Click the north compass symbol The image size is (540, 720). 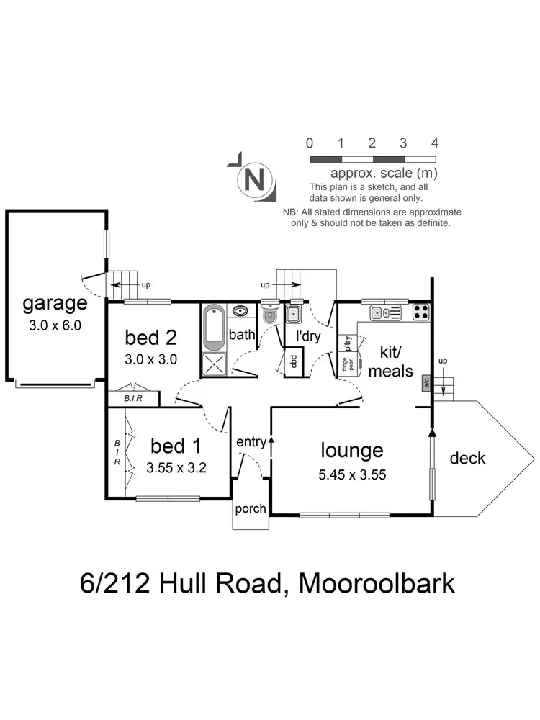pyautogui.click(x=253, y=178)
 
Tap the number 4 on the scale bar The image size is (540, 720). pyautogui.click(x=434, y=143)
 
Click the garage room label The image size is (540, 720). pyautogui.click(x=55, y=304)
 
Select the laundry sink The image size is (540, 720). pyautogui.click(x=293, y=313)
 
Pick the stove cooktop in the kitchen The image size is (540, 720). pyautogui.click(x=421, y=312)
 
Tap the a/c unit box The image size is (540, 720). pyautogui.click(x=426, y=382)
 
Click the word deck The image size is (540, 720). pyautogui.click(x=467, y=458)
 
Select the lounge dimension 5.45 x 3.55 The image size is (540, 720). pyautogui.click(x=352, y=475)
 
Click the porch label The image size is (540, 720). pyautogui.click(x=250, y=509)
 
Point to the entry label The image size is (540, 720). pyautogui.click(x=251, y=442)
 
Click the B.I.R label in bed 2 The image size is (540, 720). pyautogui.click(x=132, y=398)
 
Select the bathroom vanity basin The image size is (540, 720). pyautogui.click(x=239, y=312)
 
